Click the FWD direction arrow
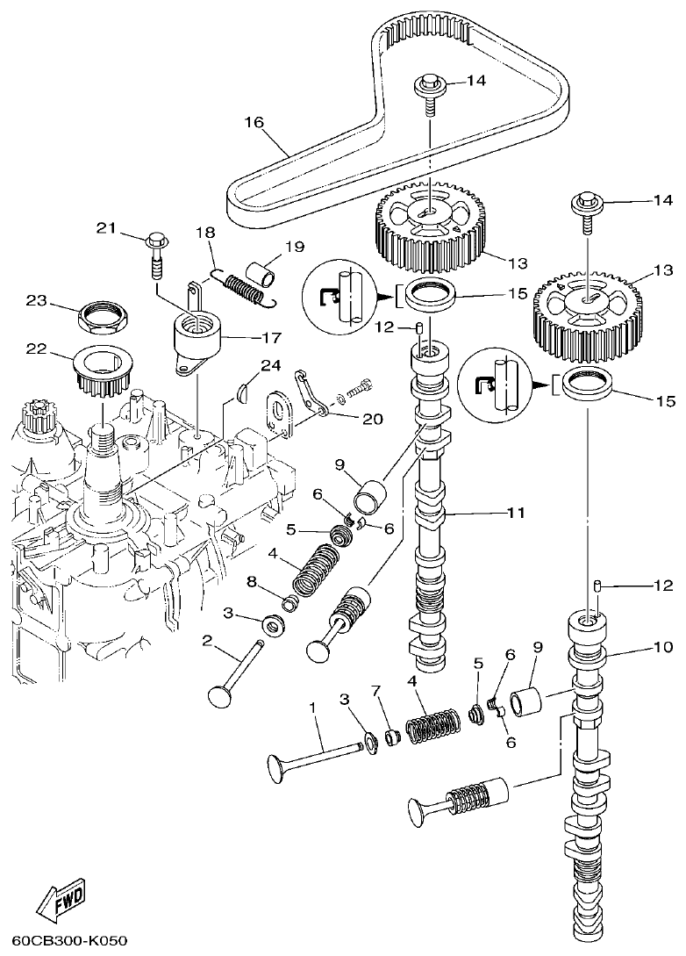61,900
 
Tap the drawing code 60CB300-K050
64,942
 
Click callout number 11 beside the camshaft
515,512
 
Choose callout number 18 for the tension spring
204,234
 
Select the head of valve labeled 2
218,695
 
